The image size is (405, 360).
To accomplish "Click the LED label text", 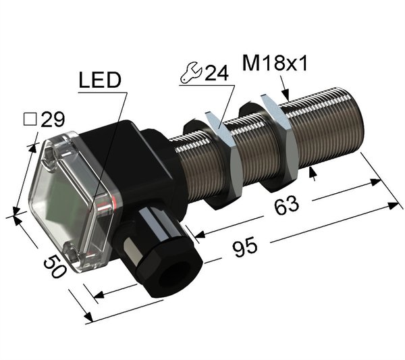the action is [100, 80].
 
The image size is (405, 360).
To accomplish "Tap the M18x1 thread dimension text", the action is [275, 63].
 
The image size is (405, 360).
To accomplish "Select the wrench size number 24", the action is [217, 73].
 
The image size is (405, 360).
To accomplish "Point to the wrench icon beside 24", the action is [191, 72].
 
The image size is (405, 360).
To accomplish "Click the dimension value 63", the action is [286, 205].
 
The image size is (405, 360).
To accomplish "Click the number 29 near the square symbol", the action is [53, 119].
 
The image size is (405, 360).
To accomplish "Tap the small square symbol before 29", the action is [30, 120].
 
